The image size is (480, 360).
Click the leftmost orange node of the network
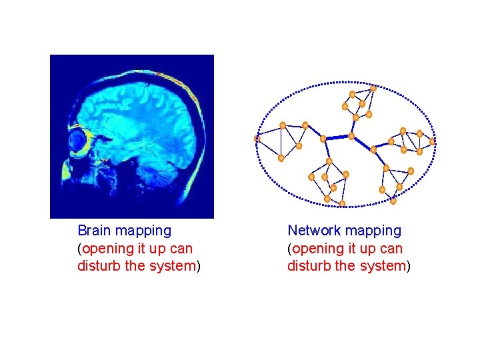pos(257,139)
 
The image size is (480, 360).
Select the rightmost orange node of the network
pos(432,141)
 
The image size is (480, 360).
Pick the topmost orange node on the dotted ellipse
pos(373,88)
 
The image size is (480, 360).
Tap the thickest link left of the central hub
pos(337,137)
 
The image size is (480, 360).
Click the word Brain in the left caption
pos(95,231)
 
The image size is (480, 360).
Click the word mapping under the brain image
pos(143,231)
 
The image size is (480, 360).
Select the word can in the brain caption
pos(181,249)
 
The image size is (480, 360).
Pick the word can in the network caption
pos(391,249)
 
